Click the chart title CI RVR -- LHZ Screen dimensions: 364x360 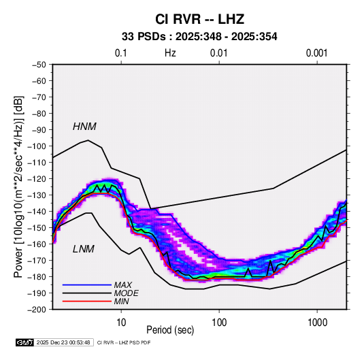click(199, 19)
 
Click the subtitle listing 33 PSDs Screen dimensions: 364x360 click(199, 37)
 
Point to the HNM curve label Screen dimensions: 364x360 click(84, 127)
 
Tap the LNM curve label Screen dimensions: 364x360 click(84, 249)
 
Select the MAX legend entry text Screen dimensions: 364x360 click(123, 285)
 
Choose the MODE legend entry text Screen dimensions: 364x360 click(127, 293)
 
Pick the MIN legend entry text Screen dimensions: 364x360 click(121, 301)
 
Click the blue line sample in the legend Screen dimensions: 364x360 click(87, 285)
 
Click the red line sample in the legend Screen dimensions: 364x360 click(87, 301)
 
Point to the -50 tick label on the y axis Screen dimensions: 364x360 click(39, 65)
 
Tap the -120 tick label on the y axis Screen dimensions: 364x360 click(37, 179)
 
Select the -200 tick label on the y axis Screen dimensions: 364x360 click(37, 310)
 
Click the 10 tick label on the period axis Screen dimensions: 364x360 click(121, 323)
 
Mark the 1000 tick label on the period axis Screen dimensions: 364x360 click(317, 323)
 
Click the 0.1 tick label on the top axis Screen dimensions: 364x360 click(121, 53)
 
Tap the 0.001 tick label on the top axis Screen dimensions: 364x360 click(316, 53)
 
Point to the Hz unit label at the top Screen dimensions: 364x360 click(170, 53)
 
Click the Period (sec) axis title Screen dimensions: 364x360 click(170, 330)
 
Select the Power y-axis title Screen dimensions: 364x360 click(18, 186)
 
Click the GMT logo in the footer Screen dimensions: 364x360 click(25, 342)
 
